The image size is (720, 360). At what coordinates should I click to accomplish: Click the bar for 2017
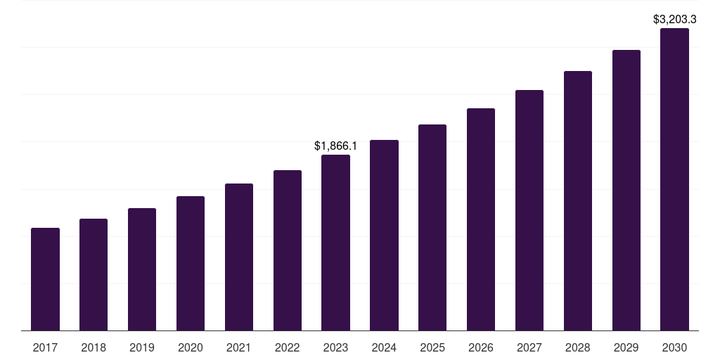point(45,279)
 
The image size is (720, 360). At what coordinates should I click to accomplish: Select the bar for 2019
point(142,269)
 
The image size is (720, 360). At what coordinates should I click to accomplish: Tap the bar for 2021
point(239,257)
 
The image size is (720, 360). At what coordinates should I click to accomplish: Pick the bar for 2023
point(335,243)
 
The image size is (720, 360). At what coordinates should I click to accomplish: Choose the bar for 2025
point(432,227)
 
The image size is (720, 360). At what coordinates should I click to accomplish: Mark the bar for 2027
point(529,210)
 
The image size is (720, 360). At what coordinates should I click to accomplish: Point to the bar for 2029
point(626,190)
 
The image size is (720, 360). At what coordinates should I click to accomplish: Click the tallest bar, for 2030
point(675,179)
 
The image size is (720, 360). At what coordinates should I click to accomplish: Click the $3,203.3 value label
point(675,20)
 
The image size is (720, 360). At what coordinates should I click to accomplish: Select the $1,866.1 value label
point(335,146)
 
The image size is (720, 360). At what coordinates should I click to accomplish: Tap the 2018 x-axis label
point(94,347)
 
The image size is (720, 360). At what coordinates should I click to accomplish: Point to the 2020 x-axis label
point(191,347)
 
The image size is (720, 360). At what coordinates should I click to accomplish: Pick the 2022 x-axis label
point(288,347)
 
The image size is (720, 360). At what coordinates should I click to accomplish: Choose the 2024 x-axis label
point(384,347)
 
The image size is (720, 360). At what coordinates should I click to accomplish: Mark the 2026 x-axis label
point(481,347)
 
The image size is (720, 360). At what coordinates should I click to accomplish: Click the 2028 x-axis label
point(578,347)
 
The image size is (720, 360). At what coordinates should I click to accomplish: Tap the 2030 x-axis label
point(675,347)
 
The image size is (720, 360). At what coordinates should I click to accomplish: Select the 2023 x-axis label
point(335,347)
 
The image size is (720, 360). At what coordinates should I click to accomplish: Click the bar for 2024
point(384,235)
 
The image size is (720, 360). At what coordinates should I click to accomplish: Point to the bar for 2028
point(578,200)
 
